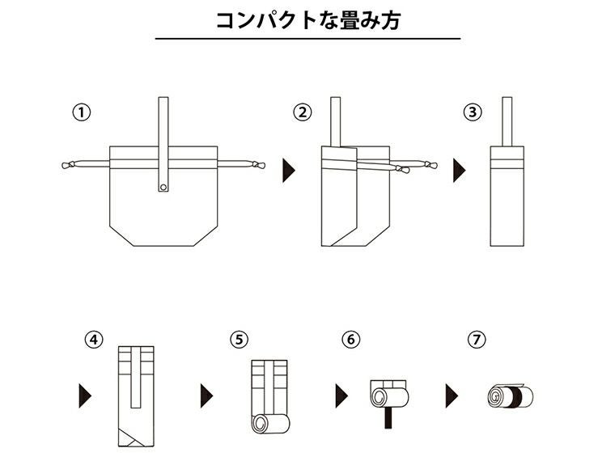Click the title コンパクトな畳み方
click(307, 20)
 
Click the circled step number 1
click(80, 112)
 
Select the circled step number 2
click(303, 112)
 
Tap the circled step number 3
click(473, 112)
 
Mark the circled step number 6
click(350, 340)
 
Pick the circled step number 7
click(475, 340)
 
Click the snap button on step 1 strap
click(163, 188)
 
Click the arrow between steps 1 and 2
click(288, 170)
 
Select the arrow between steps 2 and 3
click(459, 170)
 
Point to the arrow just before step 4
click(84, 395)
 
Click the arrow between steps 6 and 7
click(452, 395)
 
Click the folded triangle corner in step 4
click(127, 438)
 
